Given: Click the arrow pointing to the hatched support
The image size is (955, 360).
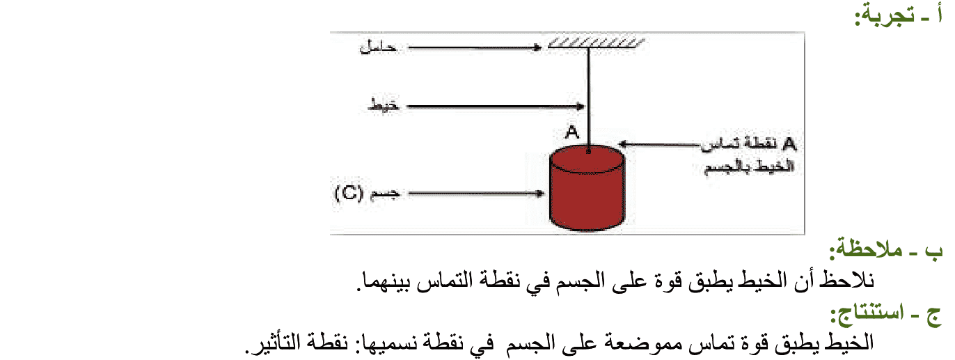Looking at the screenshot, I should point(473,48).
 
